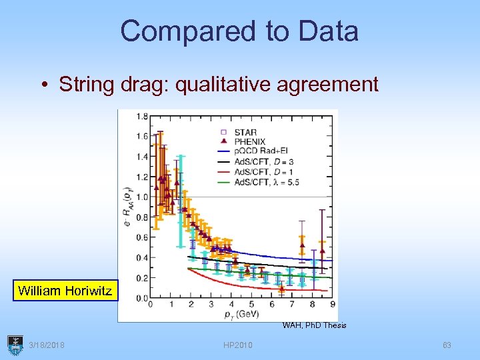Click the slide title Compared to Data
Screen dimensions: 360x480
click(239, 31)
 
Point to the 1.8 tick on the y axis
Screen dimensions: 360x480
click(142, 116)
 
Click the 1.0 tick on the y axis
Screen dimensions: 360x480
click(142, 197)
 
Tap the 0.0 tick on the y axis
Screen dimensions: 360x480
click(142, 297)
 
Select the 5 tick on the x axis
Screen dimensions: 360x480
click(251, 304)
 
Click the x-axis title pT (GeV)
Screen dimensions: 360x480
click(241, 314)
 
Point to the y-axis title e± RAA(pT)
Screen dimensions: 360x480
click(128, 203)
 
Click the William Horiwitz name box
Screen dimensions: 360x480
click(65, 291)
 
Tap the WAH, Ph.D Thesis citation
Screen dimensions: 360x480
click(314, 325)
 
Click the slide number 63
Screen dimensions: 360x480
click(447, 345)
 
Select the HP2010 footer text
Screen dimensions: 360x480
click(238, 345)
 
